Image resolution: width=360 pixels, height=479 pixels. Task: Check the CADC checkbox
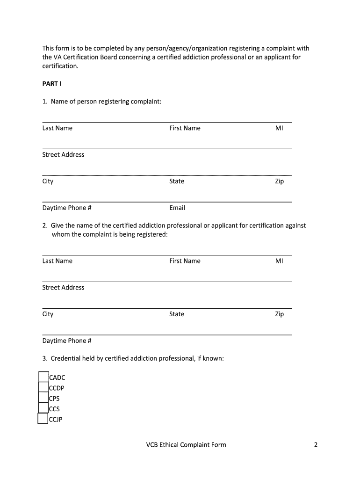point(43,377)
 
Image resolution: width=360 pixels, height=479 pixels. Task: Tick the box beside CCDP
point(43,387)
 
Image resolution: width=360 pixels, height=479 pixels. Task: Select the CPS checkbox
point(43,398)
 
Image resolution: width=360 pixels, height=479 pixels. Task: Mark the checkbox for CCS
point(43,408)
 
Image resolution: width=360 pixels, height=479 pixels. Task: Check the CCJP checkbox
point(43,419)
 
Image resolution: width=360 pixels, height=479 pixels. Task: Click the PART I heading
point(51,84)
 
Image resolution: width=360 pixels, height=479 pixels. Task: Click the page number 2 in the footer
point(316,444)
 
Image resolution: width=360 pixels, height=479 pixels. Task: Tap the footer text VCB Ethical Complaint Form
point(186,444)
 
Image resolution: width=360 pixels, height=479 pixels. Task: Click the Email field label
point(177,208)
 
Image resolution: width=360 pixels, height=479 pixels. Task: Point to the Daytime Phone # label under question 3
point(66,341)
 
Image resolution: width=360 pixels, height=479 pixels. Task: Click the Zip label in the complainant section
point(279,181)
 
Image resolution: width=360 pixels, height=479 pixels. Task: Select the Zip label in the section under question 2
point(279,314)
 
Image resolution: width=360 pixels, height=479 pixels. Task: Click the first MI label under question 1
point(279,128)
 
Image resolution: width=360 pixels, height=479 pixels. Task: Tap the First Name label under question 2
point(185,261)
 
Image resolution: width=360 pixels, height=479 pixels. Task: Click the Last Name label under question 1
point(57,128)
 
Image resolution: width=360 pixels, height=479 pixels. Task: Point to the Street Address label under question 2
point(63,288)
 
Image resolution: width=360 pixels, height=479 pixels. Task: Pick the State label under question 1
point(177,181)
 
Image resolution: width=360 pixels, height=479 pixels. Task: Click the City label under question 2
point(48,314)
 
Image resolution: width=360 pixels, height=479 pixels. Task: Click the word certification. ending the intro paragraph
point(60,66)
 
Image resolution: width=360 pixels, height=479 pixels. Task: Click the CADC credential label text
point(57,377)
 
